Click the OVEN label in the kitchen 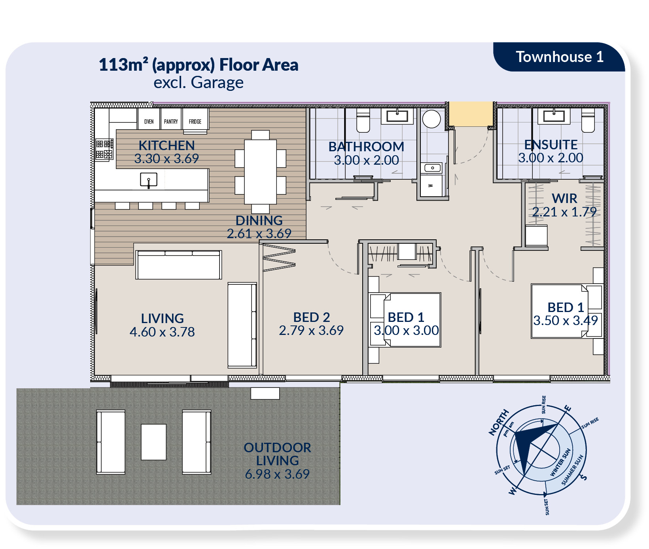(x=149, y=122)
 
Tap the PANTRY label (x=171, y=122)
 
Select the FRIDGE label (x=195, y=122)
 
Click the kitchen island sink (x=149, y=180)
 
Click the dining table (x=260, y=172)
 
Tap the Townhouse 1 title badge (x=559, y=57)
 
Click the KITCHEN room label (x=167, y=145)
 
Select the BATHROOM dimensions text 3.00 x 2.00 (x=366, y=160)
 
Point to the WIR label (x=564, y=198)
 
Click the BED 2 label (x=311, y=317)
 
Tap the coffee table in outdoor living (x=153, y=442)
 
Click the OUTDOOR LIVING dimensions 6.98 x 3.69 (x=277, y=474)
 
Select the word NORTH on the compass (x=499, y=423)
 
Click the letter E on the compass (x=568, y=408)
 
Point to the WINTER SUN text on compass (x=560, y=462)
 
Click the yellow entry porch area (x=471, y=114)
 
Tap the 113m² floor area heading (x=199, y=65)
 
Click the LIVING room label (x=162, y=318)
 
